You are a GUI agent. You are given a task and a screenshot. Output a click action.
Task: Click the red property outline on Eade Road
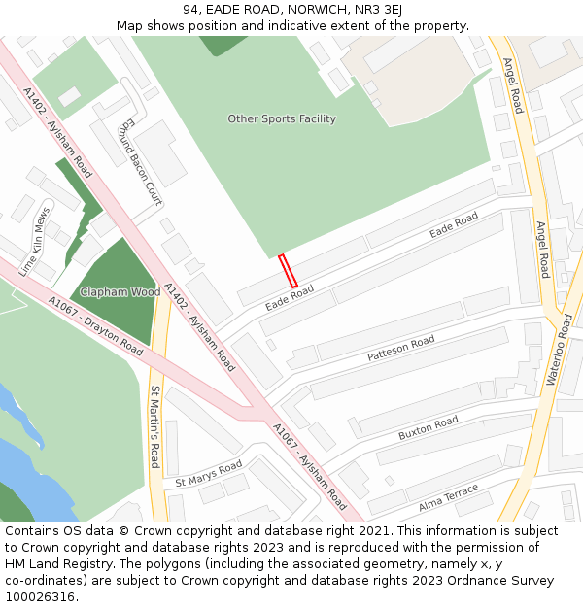[288, 271]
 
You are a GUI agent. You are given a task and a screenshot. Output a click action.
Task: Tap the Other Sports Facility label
[282, 118]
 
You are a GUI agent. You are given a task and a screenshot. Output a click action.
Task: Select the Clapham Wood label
[120, 291]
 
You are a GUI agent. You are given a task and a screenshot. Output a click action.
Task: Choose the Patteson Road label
[400, 350]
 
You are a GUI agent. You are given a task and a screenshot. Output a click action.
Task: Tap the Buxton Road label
[428, 428]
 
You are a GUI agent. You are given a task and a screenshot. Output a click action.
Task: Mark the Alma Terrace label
[448, 498]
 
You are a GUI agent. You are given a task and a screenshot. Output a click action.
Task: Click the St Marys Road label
[208, 475]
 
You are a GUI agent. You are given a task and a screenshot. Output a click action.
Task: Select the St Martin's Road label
[154, 426]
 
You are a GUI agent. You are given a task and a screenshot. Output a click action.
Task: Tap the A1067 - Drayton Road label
[95, 326]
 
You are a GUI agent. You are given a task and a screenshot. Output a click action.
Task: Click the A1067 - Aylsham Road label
[309, 466]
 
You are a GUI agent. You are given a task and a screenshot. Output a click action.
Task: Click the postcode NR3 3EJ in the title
[378, 10]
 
